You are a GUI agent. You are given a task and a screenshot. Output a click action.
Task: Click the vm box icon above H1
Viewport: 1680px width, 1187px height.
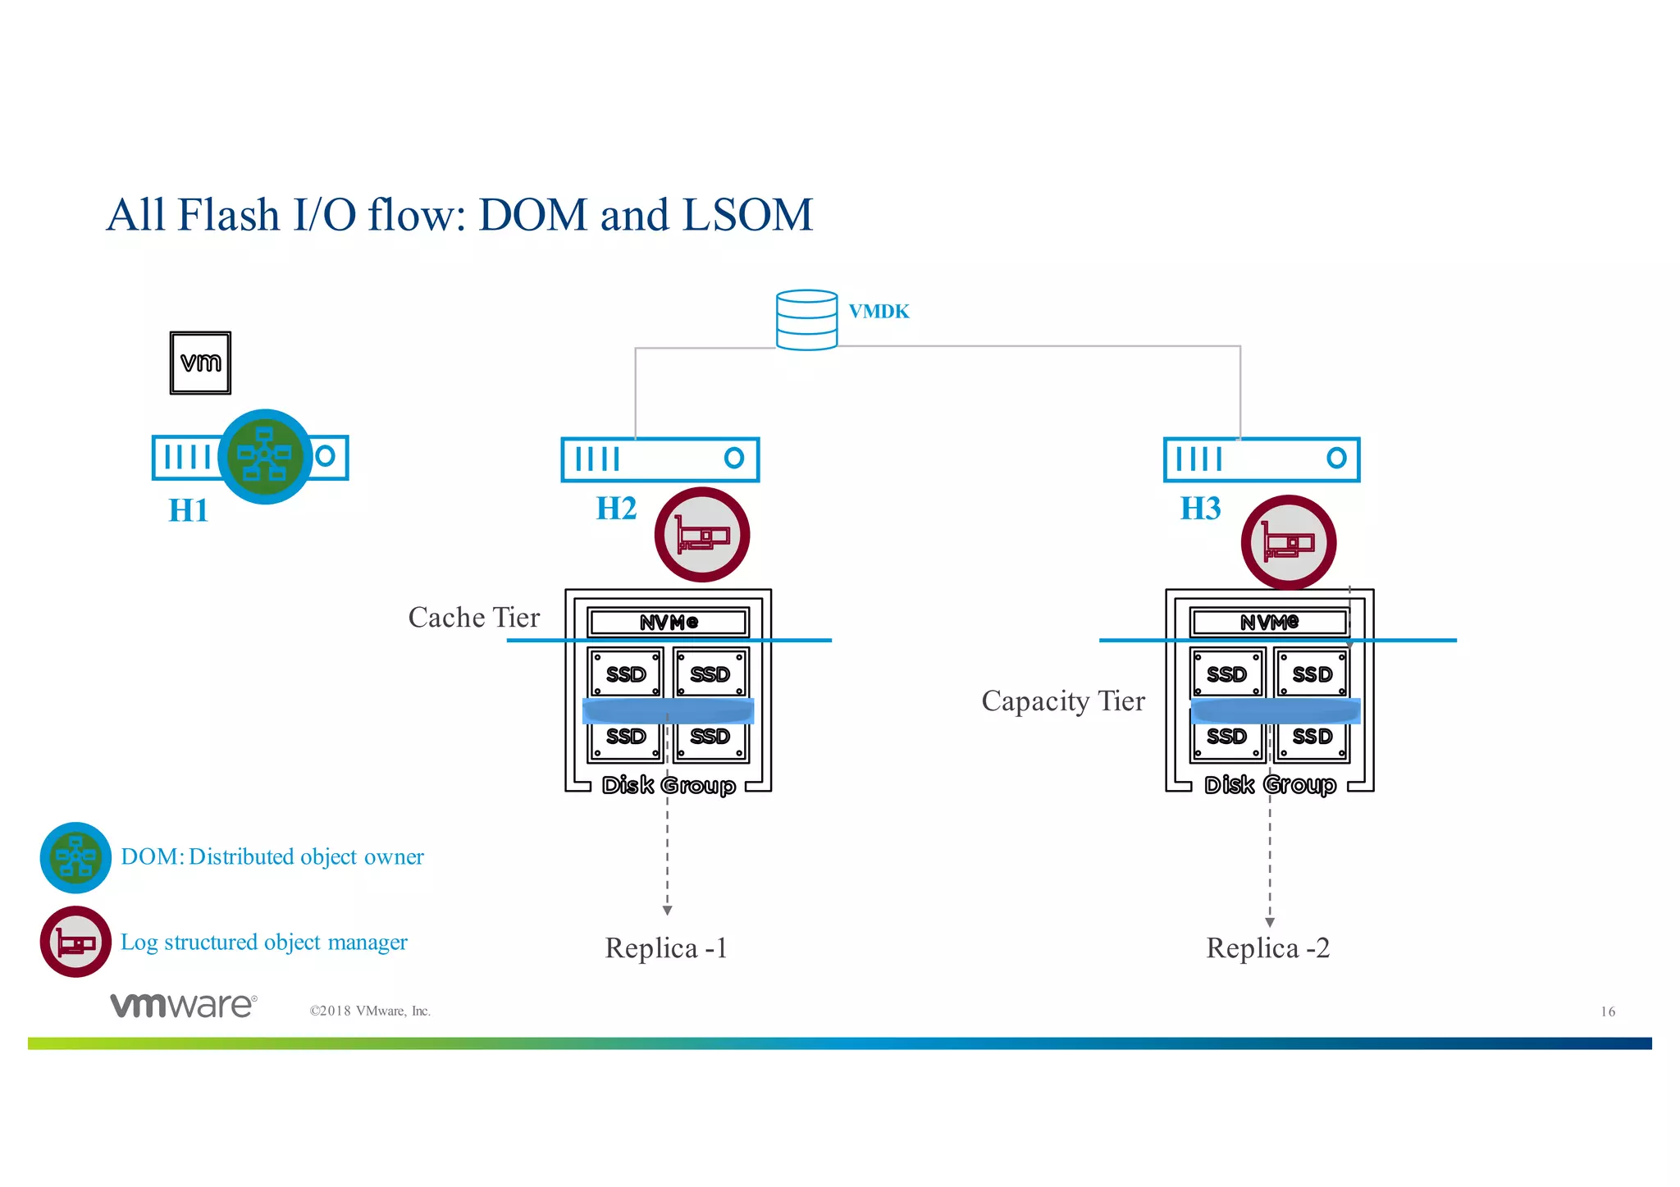(x=200, y=363)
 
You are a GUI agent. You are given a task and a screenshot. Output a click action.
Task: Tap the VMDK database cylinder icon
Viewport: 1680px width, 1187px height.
(x=806, y=320)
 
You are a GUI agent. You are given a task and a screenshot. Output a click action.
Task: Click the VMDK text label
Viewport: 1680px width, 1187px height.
(x=879, y=312)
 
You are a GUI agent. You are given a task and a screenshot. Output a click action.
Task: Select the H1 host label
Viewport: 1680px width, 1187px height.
(x=188, y=510)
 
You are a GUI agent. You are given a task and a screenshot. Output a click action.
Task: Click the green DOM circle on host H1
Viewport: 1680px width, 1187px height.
(x=265, y=456)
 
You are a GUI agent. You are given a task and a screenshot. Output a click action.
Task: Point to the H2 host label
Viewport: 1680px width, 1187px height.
(x=616, y=509)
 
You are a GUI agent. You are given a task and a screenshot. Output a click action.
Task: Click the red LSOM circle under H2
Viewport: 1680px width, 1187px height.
(x=702, y=535)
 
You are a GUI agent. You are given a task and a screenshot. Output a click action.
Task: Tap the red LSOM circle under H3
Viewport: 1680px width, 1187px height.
(x=1288, y=542)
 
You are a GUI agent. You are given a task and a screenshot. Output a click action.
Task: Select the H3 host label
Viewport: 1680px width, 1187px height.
(x=1200, y=509)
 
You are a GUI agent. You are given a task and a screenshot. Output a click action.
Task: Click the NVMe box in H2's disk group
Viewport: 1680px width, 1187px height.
(x=668, y=622)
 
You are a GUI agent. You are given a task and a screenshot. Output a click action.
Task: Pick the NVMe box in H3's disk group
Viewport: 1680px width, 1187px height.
(x=1269, y=622)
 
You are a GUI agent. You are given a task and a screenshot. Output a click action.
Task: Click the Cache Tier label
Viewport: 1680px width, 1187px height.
(x=474, y=618)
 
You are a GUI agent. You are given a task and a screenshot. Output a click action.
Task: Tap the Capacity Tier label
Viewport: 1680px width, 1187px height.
(x=1062, y=701)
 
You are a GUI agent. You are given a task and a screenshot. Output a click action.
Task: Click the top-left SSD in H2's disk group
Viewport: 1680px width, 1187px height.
(x=626, y=673)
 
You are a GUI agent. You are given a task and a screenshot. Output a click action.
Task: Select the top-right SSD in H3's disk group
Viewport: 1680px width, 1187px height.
(x=1312, y=673)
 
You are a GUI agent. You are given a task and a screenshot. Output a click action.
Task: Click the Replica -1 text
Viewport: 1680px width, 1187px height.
(x=666, y=948)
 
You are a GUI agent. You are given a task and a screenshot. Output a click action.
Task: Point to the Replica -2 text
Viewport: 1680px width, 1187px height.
(x=1267, y=948)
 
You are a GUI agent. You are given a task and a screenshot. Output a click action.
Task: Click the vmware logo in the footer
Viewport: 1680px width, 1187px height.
(x=184, y=1005)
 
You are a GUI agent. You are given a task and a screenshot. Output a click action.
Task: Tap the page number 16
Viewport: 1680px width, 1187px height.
(x=1608, y=1011)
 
